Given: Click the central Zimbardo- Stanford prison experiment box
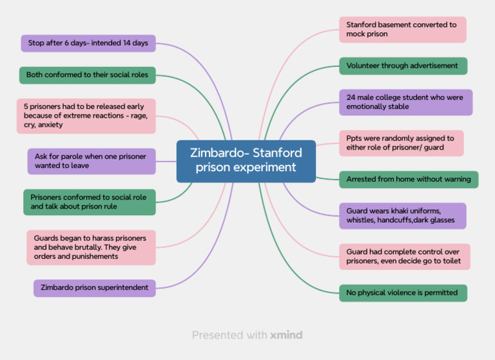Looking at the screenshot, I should (246, 161).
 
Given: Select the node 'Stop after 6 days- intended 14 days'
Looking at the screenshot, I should (88, 43).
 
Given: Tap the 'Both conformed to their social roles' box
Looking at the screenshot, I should (87, 75).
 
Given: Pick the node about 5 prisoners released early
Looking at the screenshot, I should (86, 116).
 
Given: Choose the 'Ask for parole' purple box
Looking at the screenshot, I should (92, 161).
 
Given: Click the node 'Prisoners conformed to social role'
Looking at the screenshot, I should (90, 202).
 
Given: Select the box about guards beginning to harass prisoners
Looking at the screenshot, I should (91, 247).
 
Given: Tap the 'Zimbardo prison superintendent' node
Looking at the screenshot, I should (95, 288).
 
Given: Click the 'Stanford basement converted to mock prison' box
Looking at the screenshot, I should (402, 30).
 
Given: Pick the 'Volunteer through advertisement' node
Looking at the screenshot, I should (403, 66).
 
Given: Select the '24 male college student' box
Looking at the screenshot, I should (405, 102).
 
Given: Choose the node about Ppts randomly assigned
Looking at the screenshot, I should (401, 143).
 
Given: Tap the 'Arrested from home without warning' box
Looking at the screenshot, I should (409, 180).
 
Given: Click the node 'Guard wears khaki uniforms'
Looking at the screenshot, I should (402, 216).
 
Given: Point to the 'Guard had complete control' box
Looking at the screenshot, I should (405, 256).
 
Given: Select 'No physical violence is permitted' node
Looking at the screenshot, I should (403, 293).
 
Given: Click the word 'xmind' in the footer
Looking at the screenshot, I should (286, 335).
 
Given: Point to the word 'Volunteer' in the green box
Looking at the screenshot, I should (362, 66).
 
